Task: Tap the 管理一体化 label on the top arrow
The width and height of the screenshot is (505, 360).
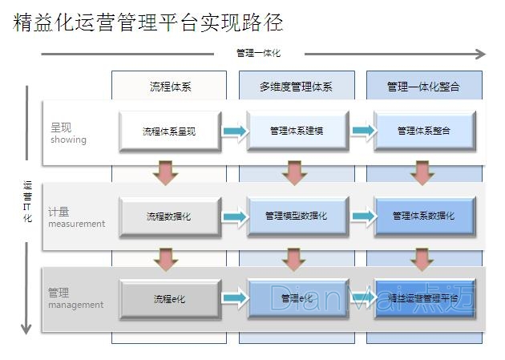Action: tap(258, 54)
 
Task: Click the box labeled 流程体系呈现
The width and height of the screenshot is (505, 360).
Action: tap(169, 131)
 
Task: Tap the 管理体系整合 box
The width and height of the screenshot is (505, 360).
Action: tap(424, 131)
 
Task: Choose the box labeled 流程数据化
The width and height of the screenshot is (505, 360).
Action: tap(169, 216)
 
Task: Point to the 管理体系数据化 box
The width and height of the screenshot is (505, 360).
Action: tap(424, 216)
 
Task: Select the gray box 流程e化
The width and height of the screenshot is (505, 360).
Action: tap(169, 299)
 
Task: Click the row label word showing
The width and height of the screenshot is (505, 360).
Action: tap(68, 140)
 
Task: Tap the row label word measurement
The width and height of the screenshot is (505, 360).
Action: tap(76, 224)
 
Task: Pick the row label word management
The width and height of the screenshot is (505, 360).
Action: tap(75, 305)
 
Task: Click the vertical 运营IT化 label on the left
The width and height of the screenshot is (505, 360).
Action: tap(27, 201)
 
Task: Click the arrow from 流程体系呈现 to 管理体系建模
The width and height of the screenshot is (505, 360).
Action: tap(234, 131)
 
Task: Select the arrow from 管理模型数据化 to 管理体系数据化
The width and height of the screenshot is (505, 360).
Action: tap(362, 216)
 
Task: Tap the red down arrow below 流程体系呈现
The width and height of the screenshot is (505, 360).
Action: tap(166, 172)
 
